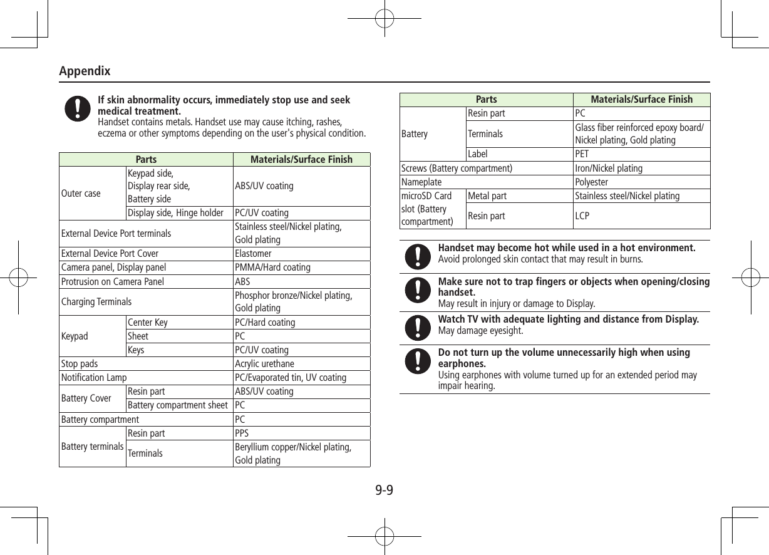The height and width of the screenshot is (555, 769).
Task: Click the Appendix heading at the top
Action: [x=85, y=71]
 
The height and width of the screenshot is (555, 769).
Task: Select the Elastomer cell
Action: [x=253, y=254]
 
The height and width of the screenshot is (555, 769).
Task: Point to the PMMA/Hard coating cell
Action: [x=272, y=267]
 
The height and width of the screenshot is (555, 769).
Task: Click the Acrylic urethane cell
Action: [x=264, y=364]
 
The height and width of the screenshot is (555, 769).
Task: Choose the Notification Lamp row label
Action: [x=94, y=378]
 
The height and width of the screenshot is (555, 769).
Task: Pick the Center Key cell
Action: [x=148, y=323]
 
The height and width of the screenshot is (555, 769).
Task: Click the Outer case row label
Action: [x=81, y=193]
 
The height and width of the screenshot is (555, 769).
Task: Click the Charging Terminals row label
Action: [x=96, y=301]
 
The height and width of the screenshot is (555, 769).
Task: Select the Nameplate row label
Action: [x=421, y=182]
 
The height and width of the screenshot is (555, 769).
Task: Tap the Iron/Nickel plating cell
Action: [x=608, y=169]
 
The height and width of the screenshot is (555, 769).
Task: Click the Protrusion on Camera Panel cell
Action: [x=113, y=282]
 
